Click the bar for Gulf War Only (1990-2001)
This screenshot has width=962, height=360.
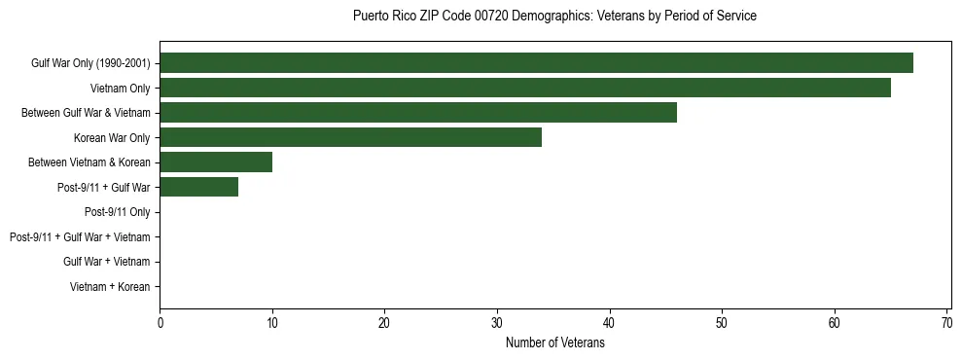tap(536, 63)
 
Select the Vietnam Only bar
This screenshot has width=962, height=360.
tap(525, 88)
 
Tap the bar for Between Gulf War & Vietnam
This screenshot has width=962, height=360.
tap(418, 113)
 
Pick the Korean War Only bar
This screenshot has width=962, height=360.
tap(350, 137)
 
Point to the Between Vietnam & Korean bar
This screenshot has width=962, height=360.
tap(216, 162)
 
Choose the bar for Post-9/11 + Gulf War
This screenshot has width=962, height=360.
tap(198, 187)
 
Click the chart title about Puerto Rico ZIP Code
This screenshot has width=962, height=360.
tap(554, 17)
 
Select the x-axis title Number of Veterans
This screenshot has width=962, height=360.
tap(554, 342)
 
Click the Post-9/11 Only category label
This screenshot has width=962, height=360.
tap(118, 212)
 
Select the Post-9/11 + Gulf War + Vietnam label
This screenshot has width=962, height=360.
tap(80, 236)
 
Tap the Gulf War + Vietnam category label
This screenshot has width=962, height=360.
tap(107, 262)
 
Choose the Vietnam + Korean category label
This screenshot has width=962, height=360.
tap(110, 287)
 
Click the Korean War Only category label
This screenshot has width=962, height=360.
tap(112, 137)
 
